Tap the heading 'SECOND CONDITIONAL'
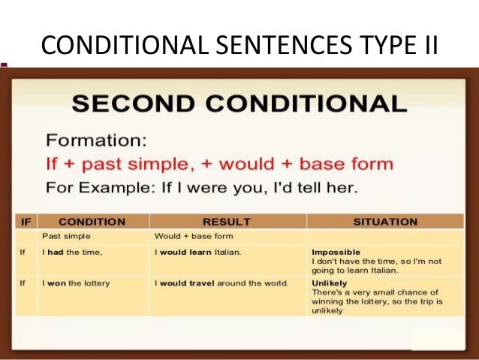tap(239, 104)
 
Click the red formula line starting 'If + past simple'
tap(219, 164)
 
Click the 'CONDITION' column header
tap(92, 222)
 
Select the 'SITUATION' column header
tap(384, 222)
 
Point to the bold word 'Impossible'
tap(335, 252)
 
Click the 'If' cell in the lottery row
tap(23, 283)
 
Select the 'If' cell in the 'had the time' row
tap(23, 252)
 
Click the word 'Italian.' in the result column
tap(226, 252)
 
